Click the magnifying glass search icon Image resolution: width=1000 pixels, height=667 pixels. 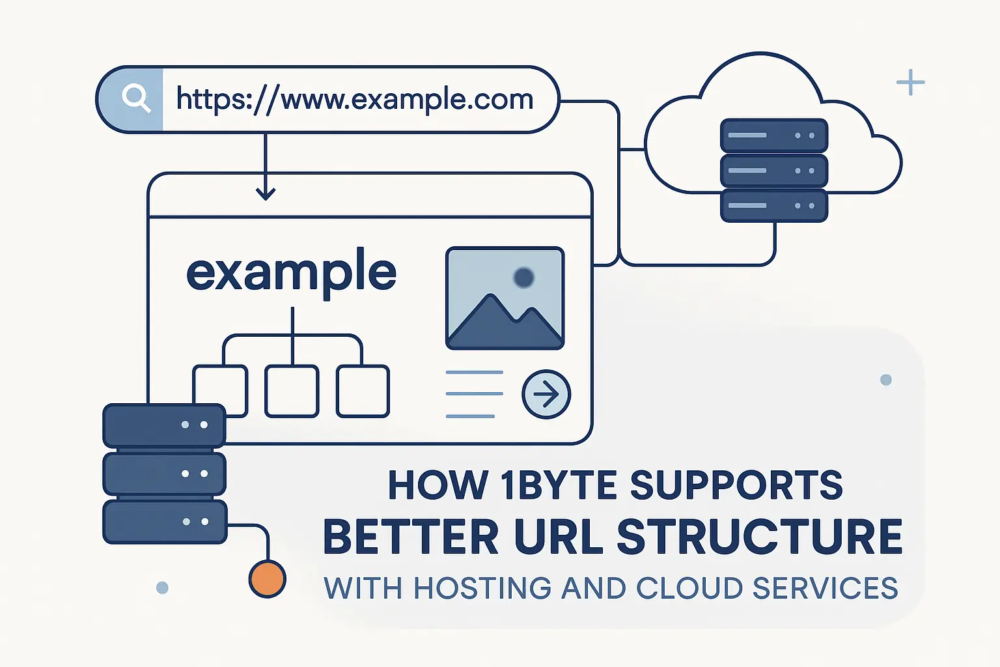[136, 99]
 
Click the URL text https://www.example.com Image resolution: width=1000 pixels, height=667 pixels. [355, 100]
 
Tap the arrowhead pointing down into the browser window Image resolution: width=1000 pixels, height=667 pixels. [266, 193]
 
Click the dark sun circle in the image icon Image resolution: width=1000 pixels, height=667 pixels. [523, 278]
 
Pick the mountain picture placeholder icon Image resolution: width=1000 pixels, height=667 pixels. [505, 298]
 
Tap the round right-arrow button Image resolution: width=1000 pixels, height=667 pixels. [546, 394]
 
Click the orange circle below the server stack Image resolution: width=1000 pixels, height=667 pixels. [267, 578]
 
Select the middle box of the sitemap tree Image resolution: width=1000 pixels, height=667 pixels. [292, 391]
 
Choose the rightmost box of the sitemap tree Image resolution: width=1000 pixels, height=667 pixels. [363, 391]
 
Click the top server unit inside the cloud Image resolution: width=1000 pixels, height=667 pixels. [773, 135]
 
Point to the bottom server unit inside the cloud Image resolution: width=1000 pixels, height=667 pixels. [773, 205]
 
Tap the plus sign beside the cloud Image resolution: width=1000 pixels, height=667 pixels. [910, 83]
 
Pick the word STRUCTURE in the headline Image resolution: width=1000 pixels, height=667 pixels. [759, 537]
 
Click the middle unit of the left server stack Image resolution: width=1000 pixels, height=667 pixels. [165, 474]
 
